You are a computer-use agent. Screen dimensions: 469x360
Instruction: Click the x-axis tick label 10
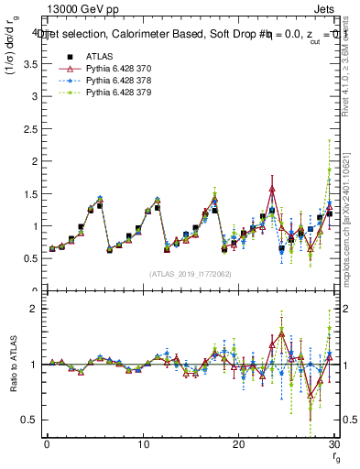(142, 444)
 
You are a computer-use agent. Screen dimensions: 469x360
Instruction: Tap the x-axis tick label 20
(238, 444)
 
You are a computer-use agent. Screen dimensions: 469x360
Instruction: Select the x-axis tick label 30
(333, 444)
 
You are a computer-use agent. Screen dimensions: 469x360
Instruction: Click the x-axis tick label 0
(47, 444)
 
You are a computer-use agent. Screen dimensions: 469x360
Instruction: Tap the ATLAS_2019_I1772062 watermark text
(190, 273)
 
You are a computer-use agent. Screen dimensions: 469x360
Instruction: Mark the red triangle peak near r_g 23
(272, 190)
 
